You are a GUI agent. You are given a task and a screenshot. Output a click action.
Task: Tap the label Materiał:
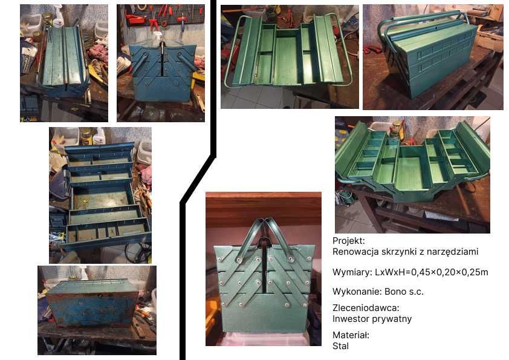[x=351, y=335]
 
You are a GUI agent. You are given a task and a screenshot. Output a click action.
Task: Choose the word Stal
[x=340, y=346]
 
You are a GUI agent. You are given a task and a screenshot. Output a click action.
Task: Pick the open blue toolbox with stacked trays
[x=100, y=197]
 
